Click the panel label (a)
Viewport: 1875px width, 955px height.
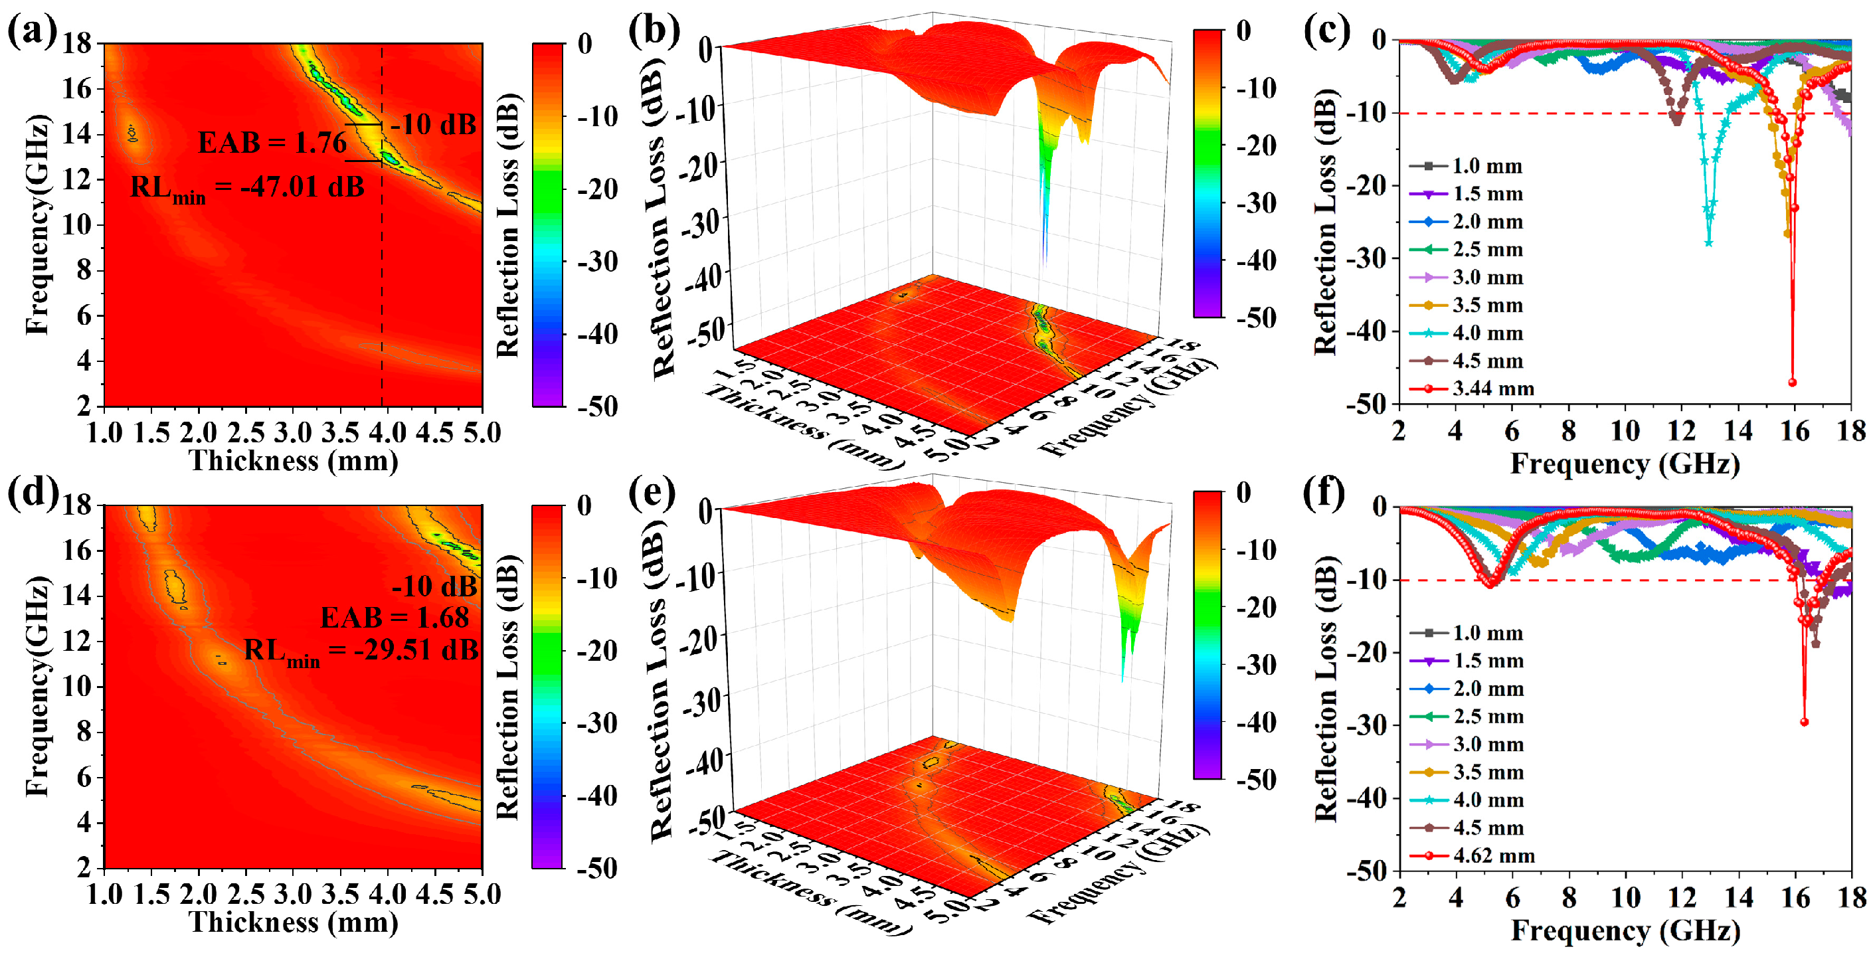coord(31,33)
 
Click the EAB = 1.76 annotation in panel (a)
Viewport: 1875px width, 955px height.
coord(272,143)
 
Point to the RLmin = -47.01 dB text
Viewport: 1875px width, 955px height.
coord(247,188)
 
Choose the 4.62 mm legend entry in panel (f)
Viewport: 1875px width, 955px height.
coord(1493,855)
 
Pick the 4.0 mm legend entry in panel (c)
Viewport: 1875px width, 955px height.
coord(1487,333)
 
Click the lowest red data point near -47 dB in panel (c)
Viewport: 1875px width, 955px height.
coord(1792,382)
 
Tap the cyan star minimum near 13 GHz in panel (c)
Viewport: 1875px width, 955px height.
coord(1708,242)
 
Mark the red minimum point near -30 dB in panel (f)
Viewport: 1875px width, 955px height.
coord(1804,722)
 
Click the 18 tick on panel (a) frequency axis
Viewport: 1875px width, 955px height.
coord(75,44)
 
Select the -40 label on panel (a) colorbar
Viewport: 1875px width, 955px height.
coord(597,334)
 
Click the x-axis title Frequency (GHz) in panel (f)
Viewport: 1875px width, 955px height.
coord(1625,930)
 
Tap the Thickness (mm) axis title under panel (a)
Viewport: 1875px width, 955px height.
coord(294,461)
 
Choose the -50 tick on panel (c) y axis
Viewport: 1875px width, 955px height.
coord(1371,404)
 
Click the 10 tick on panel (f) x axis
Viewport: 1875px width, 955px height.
coord(1625,897)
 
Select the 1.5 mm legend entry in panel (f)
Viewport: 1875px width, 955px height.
coord(1488,661)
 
